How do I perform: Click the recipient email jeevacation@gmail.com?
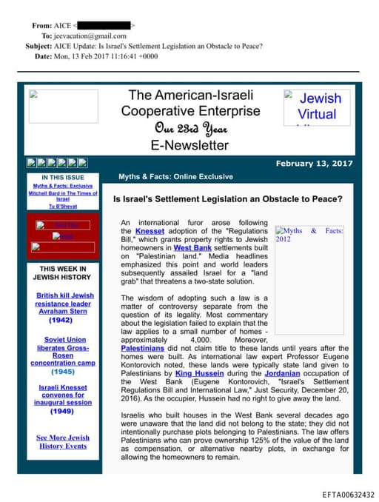coord(89,36)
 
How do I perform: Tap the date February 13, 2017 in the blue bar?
coord(314,164)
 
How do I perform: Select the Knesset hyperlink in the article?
coord(150,231)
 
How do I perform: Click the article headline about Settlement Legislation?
coord(227,200)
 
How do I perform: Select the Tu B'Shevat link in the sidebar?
coord(63,206)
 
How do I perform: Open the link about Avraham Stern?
coord(65,304)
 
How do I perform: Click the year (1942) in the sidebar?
coord(65,321)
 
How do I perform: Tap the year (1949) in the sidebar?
coord(65,411)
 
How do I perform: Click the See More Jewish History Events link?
coord(64,442)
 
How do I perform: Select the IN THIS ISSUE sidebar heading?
coord(62,178)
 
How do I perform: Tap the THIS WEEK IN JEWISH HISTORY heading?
coord(63,272)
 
